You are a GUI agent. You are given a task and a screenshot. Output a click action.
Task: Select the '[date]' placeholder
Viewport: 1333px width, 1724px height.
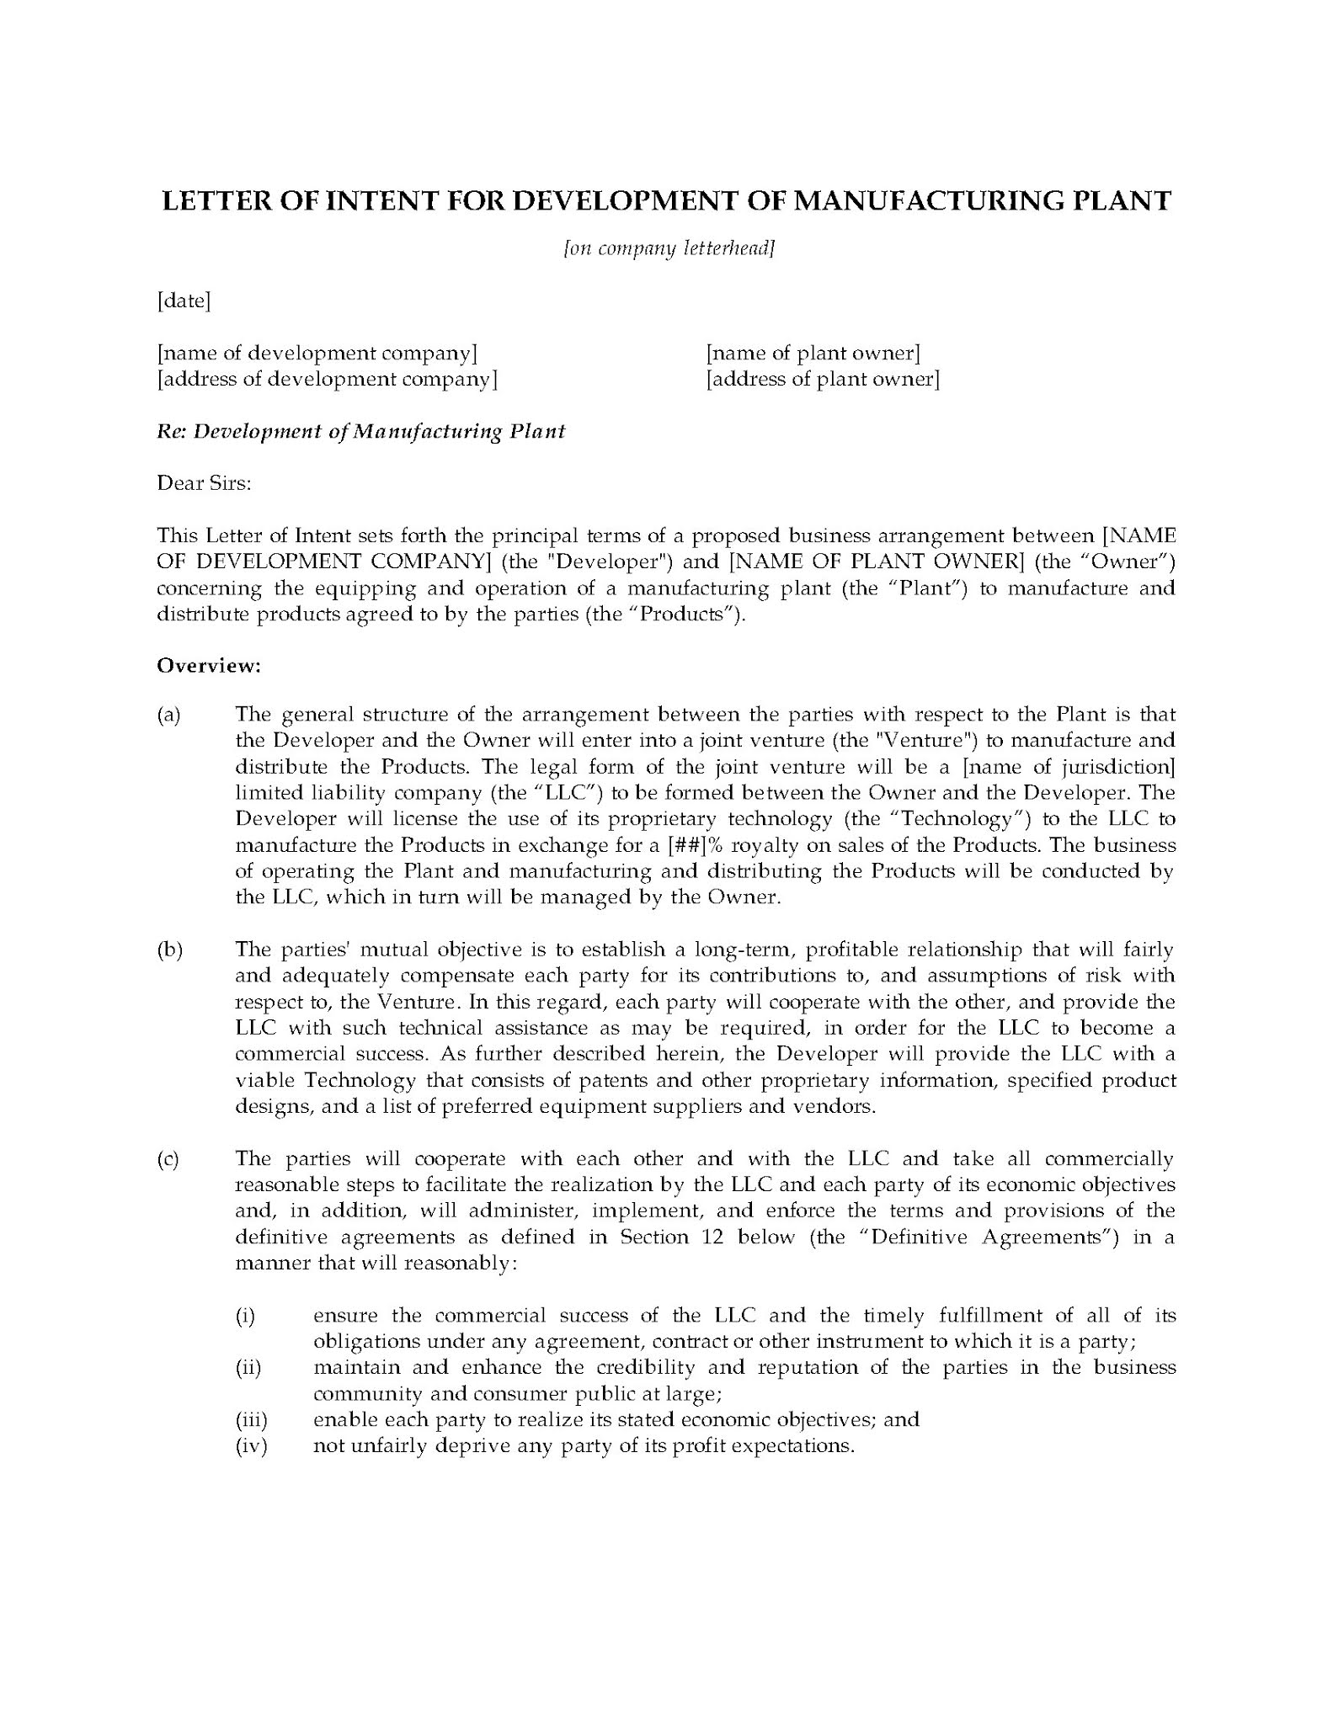tap(184, 301)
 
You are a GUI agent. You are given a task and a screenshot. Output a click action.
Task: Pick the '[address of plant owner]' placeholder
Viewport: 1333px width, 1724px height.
tap(823, 379)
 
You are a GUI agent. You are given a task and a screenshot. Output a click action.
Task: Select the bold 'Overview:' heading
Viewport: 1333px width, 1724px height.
tap(209, 666)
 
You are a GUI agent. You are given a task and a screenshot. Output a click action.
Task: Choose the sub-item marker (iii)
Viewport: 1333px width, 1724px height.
tap(251, 1421)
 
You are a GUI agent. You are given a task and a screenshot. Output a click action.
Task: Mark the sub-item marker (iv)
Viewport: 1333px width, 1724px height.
tap(251, 1447)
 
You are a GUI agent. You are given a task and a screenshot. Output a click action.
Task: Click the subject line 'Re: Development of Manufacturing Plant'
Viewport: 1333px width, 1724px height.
tap(361, 431)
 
